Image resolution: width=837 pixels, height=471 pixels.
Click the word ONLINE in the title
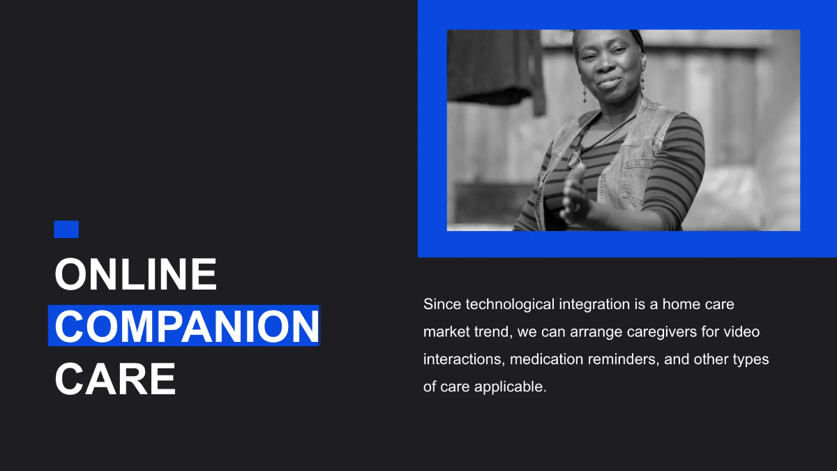(x=136, y=274)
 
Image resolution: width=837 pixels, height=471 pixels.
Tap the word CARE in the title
(x=115, y=379)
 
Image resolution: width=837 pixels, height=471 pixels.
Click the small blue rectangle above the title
(x=66, y=229)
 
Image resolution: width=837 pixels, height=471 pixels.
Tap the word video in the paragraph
(x=742, y=331)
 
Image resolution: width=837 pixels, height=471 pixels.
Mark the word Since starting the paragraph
(x=442, y=304)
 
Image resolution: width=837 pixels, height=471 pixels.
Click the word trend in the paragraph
(x=492, y=331)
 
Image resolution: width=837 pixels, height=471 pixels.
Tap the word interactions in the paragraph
(x=463, y=359)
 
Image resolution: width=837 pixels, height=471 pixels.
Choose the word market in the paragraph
(x=445, y=331)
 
